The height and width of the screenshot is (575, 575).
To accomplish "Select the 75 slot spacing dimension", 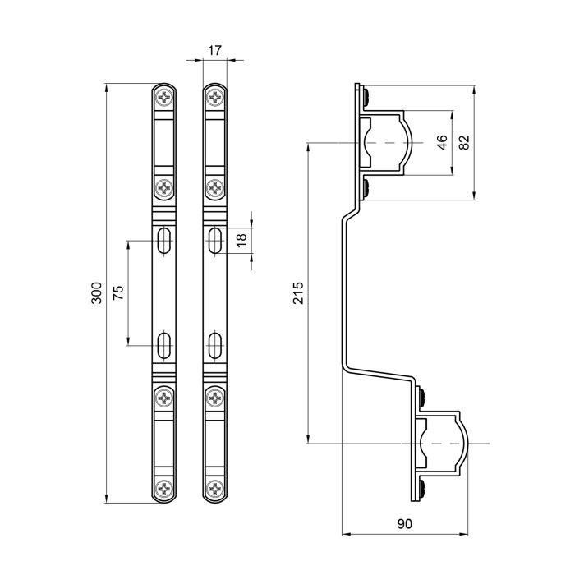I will pos(117,294).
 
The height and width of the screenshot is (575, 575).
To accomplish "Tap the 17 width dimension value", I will pos(214,51).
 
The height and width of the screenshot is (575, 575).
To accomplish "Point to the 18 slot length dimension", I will pos(241,240).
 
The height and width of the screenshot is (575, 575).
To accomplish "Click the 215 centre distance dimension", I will pos(297,293).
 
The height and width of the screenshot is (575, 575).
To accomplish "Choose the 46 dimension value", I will pos(441,142).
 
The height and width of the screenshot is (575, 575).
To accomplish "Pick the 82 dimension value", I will pos(464,142).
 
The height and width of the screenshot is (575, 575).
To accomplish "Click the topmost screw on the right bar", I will pos(214,99).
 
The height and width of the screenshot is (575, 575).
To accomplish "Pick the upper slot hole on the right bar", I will pos(214,241).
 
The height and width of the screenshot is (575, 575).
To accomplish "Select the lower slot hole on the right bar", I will pos(214,345).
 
